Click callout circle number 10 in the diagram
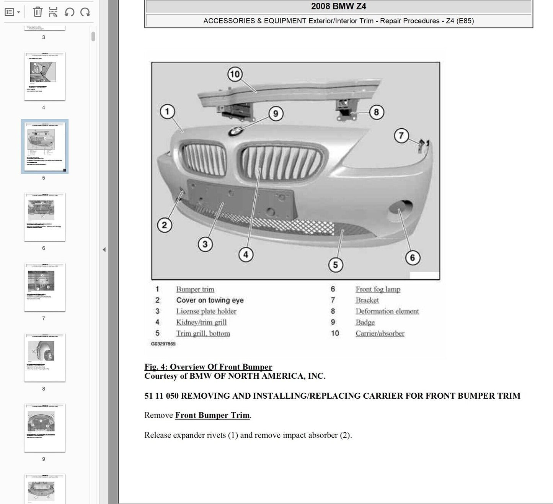[x=235, y=74]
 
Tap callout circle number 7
[x=401, y=136]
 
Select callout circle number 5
[x=335, y=265]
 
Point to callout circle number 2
[x=165, y=225]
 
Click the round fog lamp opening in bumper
[x=400, y=209]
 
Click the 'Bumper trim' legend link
[x=195, y=289]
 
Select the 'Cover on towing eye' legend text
[x=210, y=300]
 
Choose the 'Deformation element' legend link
[x=387, y=311]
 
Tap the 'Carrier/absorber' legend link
[x=380, y=334]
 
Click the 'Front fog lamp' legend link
[x=378, y=289]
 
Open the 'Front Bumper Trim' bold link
[x=212, y=415]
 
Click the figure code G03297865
[x=163, y=344]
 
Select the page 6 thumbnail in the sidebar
[x=44, y=217]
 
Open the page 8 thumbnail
[x=44, y=357]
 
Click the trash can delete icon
[x=38, y=12]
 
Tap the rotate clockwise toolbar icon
[x=85, y=12]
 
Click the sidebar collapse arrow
[x=104, y=250]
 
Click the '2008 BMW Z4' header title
[x=338, y=6]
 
